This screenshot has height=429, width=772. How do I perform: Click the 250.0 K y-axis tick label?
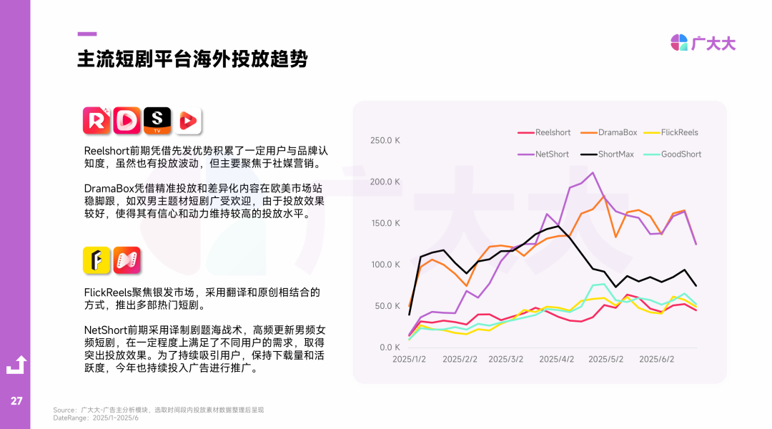(x=385, y=140)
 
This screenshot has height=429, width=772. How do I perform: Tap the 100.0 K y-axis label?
(x=385, y=265)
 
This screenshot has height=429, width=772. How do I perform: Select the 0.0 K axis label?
(x=390, y=347)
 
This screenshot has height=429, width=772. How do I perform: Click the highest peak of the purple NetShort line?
(x=593, y=172)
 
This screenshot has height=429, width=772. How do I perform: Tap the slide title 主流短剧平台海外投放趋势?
(x=192, y=59)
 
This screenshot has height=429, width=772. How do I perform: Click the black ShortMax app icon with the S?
(x=157, y=121)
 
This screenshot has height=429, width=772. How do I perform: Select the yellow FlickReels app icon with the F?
(x=96, y=260)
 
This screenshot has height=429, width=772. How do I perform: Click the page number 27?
(x=16, y=401)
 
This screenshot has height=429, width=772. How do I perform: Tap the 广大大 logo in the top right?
(x=703, y=43)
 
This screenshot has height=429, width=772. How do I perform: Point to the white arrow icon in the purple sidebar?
(x=16, y=365)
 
